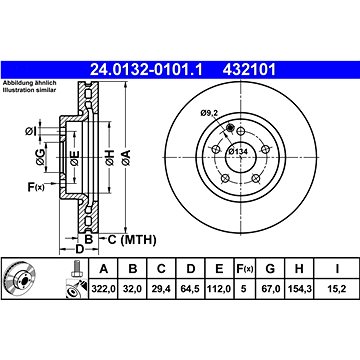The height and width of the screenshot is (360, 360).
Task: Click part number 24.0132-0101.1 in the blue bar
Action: click(x=146, y=70)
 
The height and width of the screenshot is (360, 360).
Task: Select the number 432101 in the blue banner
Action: click(x=249, y=70)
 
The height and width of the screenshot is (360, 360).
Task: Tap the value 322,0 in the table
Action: click(x=103, y=289)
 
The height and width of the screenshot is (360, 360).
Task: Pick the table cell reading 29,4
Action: click(x=161, y=289)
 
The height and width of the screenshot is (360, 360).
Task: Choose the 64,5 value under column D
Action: click(x=190, y=289)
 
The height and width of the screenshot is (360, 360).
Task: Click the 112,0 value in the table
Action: click(x=219, y=289)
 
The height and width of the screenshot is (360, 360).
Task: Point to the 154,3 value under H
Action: click(x=299, y=289)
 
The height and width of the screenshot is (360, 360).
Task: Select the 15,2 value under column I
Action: click(x=337, y=289)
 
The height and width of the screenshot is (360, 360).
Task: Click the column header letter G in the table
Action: click(x=270, y=268)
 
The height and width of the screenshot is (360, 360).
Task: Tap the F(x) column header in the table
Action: click(x=245, y=269)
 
